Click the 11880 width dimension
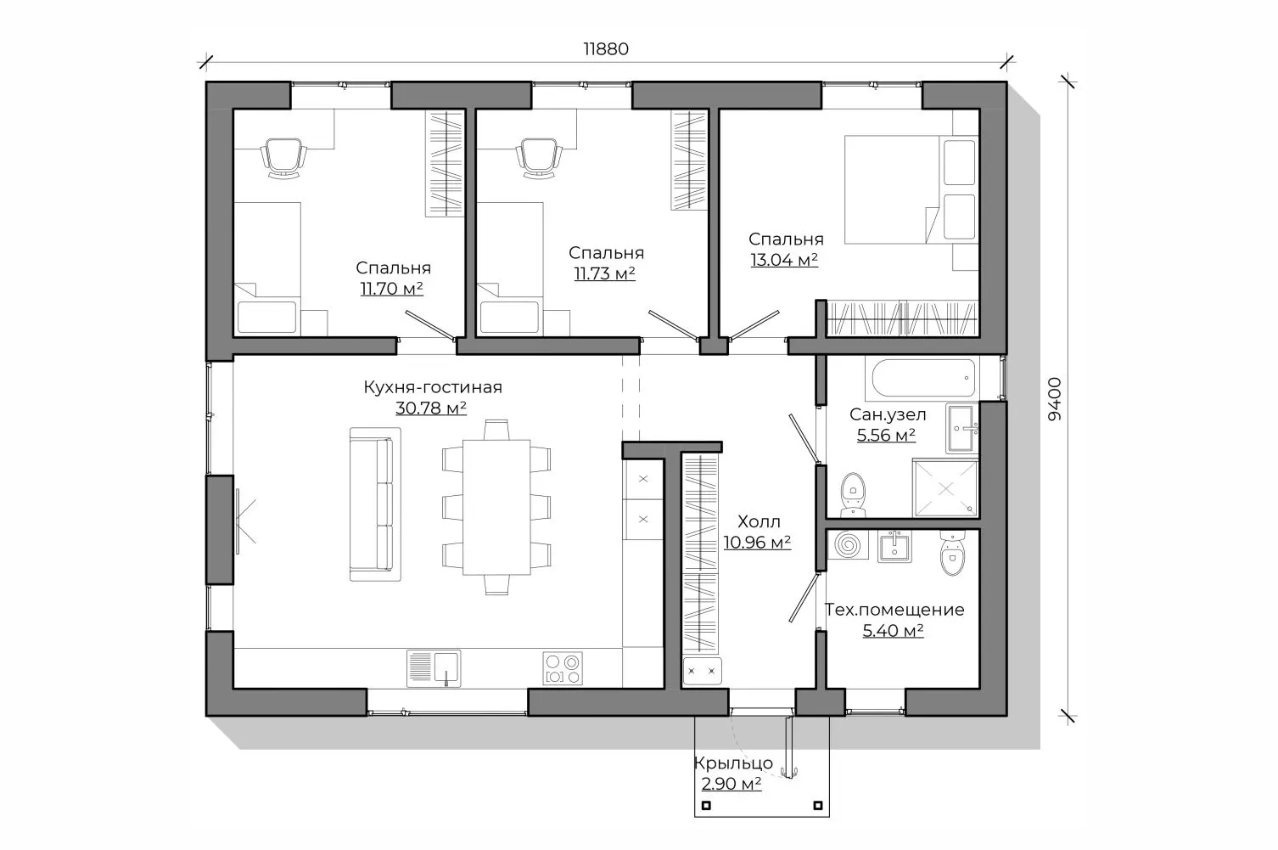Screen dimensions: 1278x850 [606, 49]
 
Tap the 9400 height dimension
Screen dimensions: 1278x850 [1055, 399]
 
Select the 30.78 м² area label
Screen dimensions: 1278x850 [431, 408]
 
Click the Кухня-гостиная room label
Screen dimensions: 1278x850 [433, 387]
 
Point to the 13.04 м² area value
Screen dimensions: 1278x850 [784, 260]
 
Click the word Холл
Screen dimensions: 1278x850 [759, 521]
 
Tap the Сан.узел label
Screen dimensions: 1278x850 [887, 414]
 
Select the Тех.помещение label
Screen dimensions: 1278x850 [894, 610]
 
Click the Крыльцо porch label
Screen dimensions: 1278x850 [733, 763]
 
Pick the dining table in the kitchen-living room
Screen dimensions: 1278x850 [496, 507]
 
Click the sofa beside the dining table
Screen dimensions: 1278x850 [375, 504]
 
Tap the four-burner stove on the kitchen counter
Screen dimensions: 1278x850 [563, 668]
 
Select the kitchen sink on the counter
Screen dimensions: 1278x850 [434, 668]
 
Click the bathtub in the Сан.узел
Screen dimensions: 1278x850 [923, 377]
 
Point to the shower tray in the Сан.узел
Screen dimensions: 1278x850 [945, 488]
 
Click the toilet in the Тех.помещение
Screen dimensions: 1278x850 [951, 553]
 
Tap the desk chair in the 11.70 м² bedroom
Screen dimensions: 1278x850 [283, 158]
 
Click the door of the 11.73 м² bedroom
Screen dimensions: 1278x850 [673, 325]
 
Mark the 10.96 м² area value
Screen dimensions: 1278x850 [757, 543]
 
